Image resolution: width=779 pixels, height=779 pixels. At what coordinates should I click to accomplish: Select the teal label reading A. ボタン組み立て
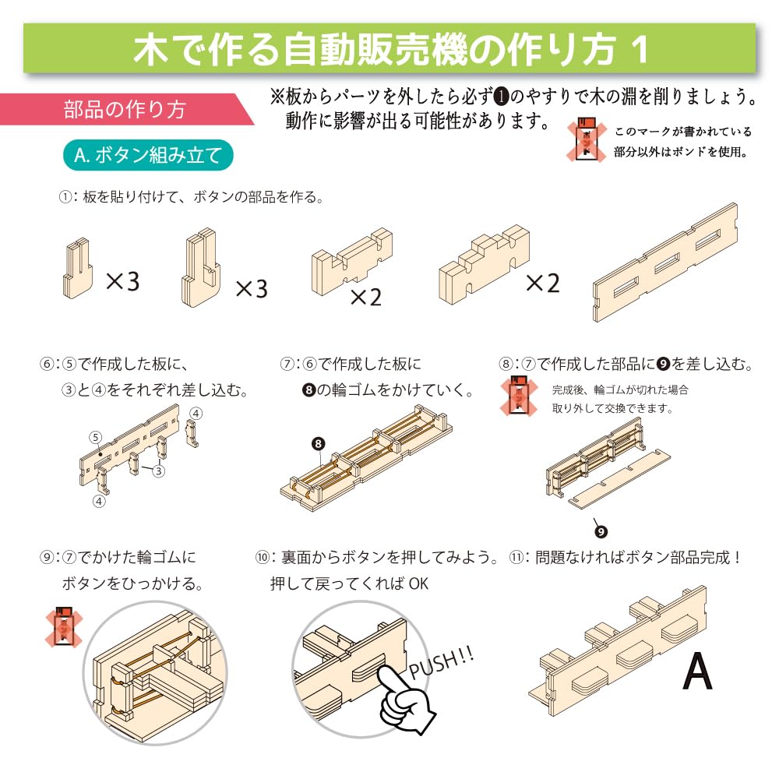pyautogui.click(x=148, y=156)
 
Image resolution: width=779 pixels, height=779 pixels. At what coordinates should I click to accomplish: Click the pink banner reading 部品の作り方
pyautogui.click(x=125, y=109)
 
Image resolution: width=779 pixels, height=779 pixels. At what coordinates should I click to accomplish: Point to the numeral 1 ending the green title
pyautogui.click(x=640, y=50)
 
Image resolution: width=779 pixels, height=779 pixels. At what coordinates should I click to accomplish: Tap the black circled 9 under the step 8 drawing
pyautogui.click(x=601, y=531)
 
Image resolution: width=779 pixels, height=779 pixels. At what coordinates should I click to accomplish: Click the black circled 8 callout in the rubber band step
pyautogui.click(x=319, y=444)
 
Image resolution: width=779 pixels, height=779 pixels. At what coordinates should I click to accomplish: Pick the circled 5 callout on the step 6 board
pyautogui.click(x=95, y=437)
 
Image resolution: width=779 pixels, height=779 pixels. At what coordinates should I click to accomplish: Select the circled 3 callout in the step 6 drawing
pyautogui.click(x=158, y=471)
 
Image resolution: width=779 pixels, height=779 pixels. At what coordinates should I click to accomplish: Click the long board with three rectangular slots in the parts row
pyautogui.click(x=665, y=263)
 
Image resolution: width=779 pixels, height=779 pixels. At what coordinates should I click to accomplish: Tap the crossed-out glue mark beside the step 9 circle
pyautogui.click(x=64, y=627)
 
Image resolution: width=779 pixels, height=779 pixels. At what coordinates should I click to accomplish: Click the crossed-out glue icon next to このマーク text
pyautogui.click(x=587, y=140)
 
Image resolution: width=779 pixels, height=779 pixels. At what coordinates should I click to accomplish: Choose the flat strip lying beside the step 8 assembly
pyautogui.click(x=619, y=479)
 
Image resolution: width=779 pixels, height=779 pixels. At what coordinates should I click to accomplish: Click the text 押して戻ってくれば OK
pyautogui.click(x=349, y=583)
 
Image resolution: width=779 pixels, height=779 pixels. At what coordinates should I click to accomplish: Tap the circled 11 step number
pyautogui.click(x=516, y=558)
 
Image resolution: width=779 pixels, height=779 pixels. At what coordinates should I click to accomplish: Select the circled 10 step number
pyautogui.click(x=263, y=558)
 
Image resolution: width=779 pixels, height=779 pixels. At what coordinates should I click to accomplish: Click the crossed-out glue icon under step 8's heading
pyautogui.click(x=518, y=397)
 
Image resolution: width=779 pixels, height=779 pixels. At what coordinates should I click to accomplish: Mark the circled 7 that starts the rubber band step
pyautogui.click(x=287, y=364)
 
